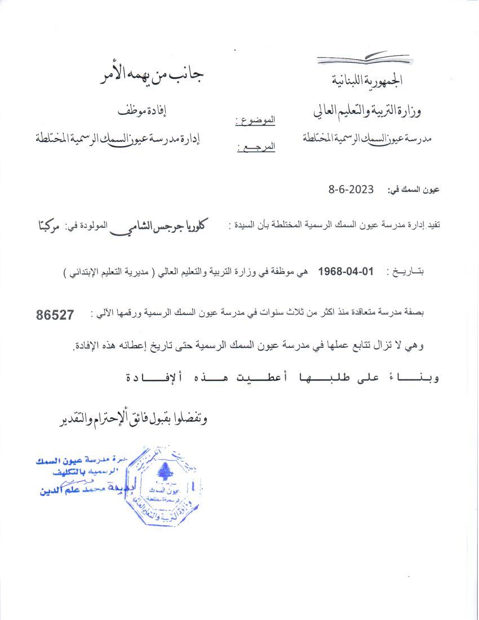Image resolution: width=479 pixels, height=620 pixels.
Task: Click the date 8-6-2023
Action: point(351,190)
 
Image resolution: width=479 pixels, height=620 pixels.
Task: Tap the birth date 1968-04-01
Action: point(346,271)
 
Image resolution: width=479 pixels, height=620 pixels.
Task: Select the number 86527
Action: point(55,316)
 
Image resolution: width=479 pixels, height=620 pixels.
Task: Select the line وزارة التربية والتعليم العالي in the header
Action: point(366,111)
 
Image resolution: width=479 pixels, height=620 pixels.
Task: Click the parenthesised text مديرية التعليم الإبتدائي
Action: point(107,272)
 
